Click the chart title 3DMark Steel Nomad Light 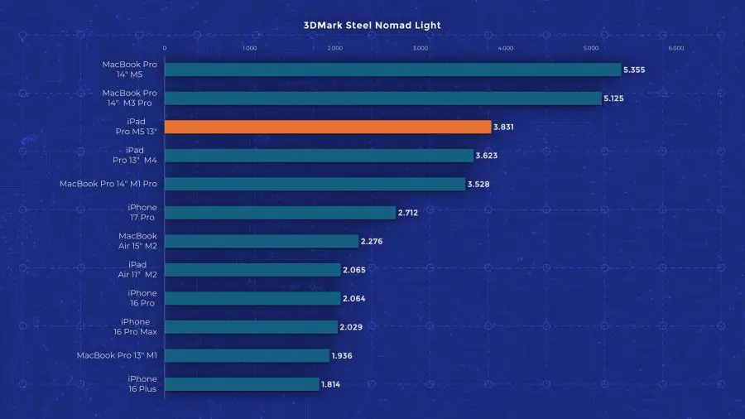pos(372,25)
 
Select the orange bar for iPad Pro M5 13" pos(328,127)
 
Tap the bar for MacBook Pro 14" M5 pos(392,70)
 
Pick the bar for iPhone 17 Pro pos(280,213)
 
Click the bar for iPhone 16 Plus pos(242,384)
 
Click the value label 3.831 pos(505,127)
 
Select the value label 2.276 pos(371,241)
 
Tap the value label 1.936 pos(343,356)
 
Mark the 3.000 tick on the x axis pos(420,48)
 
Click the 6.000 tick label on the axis pos(675,48)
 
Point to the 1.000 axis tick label pos(249,48)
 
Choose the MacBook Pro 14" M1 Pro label pos(108,184)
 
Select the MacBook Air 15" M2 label pos(137,241)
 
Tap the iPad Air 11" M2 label pos(137,270)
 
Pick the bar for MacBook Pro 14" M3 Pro pos(383,99)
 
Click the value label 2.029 pos(350,327)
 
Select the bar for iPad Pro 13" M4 pos(319,156)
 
